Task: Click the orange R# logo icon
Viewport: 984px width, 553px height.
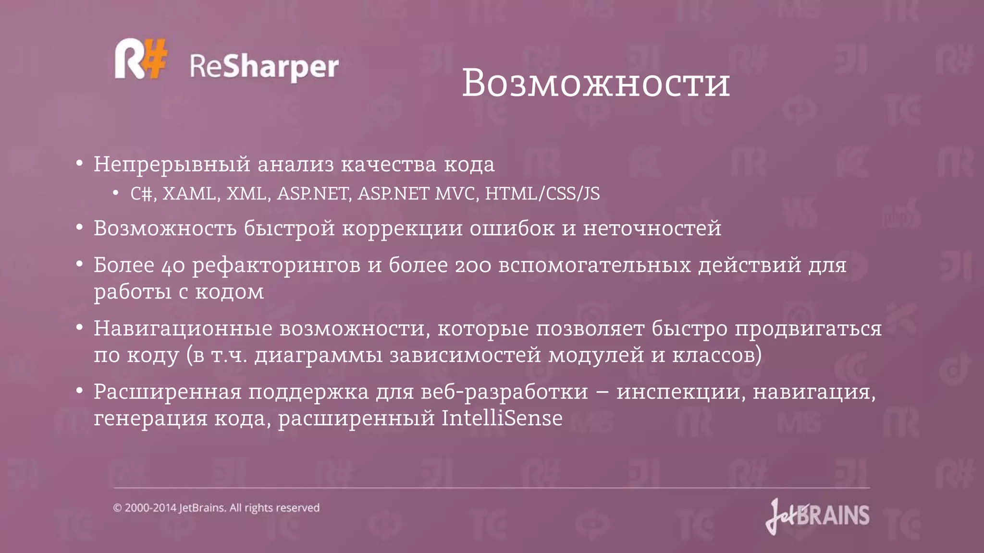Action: point(141,59)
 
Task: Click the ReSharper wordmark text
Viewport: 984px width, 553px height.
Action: point(264,67)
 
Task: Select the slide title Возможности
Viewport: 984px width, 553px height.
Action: point(596,84)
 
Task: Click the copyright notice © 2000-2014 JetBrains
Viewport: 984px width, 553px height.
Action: point(216,508)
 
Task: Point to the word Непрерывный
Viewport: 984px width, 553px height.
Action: point(172,165)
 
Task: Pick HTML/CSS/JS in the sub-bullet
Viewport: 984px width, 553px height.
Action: point(542,194)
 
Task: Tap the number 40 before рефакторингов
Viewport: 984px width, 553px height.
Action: point(173,265)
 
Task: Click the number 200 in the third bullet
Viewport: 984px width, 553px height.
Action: point(473,265)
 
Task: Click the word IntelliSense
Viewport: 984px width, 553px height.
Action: point(502,418)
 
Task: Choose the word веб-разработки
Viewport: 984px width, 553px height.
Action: point(504,392)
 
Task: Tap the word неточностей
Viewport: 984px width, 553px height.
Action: point(652,228)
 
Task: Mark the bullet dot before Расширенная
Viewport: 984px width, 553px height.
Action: point(80,390)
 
